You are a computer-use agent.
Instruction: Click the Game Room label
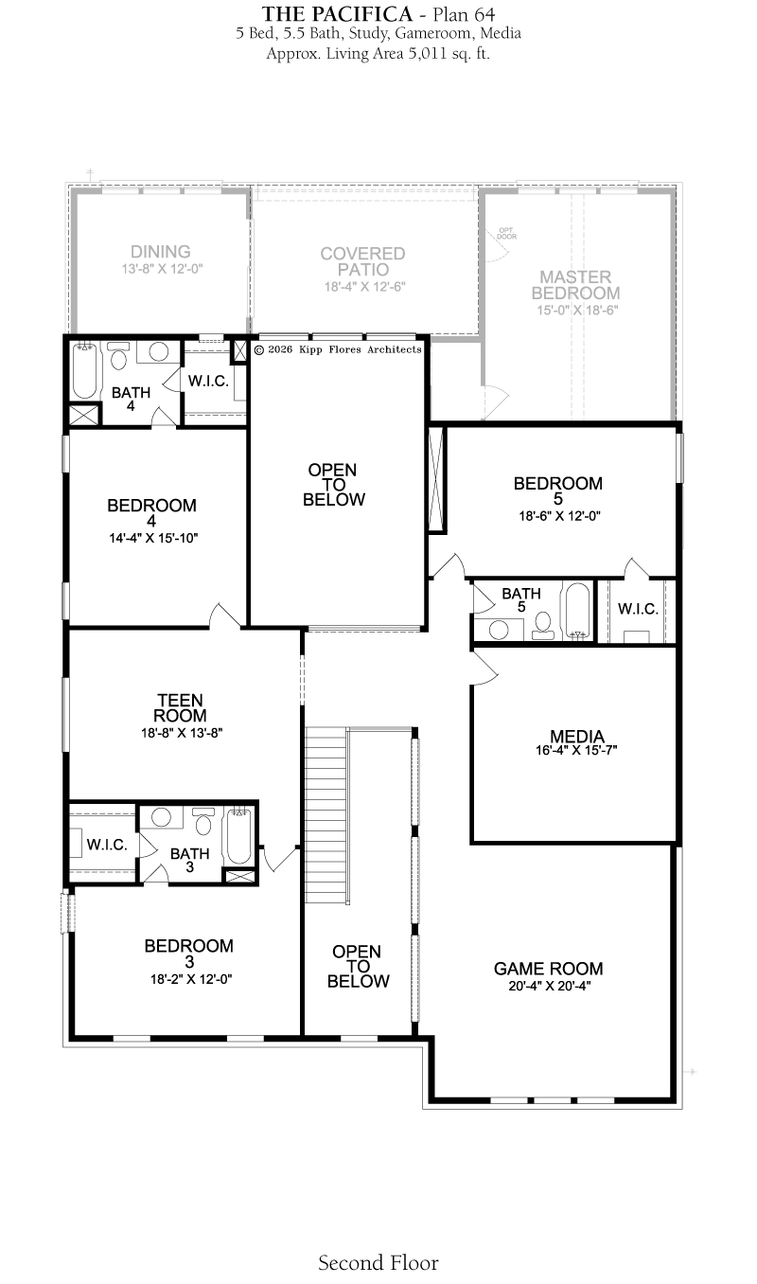coord(548,969)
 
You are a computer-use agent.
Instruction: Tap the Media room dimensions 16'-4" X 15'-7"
coord(576,750)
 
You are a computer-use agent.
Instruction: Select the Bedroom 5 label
coord(557,490)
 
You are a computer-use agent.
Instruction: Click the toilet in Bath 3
coord(203,821)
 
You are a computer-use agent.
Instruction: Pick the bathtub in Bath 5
coord(577,611)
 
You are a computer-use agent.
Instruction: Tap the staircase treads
coord(326,814)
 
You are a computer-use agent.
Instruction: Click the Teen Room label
coord(181,708)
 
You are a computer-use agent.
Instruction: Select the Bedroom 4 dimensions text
coord(153,538)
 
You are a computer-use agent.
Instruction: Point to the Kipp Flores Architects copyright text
coord(337,349)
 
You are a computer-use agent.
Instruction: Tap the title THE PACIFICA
coord(337,14)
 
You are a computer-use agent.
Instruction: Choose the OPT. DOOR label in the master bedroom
coord(507,233)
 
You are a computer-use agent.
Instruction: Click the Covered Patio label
coord(363,261)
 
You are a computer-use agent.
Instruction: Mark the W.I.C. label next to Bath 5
coord(638,609)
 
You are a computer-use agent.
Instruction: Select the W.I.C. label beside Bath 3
coord(107,845)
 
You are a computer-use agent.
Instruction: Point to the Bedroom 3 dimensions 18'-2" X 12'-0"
coord(191,979)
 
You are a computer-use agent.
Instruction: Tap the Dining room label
coord(160,252)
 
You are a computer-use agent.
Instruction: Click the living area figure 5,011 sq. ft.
coord(449,54)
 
